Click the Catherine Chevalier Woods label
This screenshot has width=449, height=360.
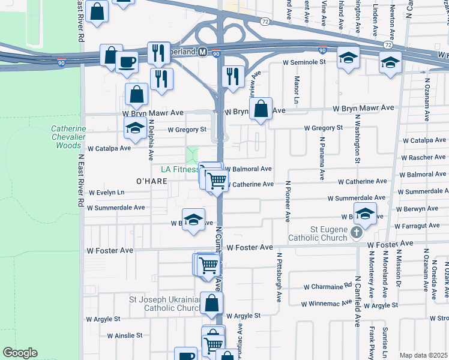tap(65, 137)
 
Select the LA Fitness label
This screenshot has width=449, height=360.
tap(178, 170)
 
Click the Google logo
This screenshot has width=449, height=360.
tap(20, 353)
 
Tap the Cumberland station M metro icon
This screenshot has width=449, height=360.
tap(203, 52)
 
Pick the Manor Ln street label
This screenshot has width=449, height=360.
tap(297, 88)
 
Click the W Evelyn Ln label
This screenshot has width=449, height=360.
tap(106, 193)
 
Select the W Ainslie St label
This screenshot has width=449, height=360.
tap(125, 335)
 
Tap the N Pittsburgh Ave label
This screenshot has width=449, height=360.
tap(279, 277)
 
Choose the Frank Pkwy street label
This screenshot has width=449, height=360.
tap(372, 342)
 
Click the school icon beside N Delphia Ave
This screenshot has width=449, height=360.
tap(135, 127)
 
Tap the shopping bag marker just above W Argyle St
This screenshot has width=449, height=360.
tap(211, 303)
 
